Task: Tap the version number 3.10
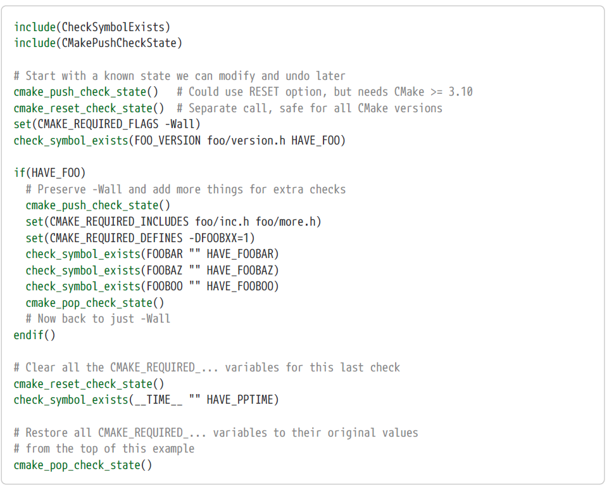click(x=460, y=92)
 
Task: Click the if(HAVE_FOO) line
click(x=49, y=172)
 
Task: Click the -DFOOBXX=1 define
click(x=222, y=238)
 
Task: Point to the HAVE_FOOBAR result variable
click(x=243, y=254)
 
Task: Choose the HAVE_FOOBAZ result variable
click(x=243, y=270)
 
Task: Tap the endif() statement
click(x=34, y=335)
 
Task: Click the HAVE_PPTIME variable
click(x=243, y=400)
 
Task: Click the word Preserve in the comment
click(x=64, y=189)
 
